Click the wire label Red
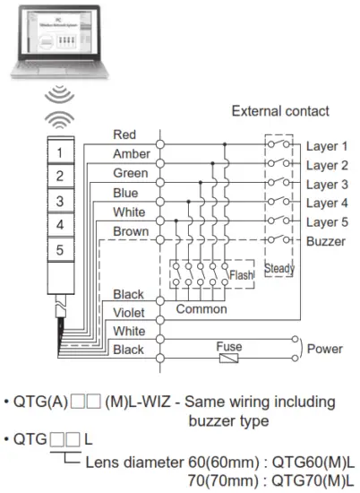pyautogui.click(x=124, y=134)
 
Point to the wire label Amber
pyautogui.click(x=131, y=154)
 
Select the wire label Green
pyautogui.click(x=131, y=174)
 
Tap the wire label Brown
pyautogui.click(x=131, y=232)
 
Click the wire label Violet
pyautogui.click(x=129, y=314)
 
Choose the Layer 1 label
pyautogui.click(x=326, y=145)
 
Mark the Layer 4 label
pyautogui.click(x=326, y=204)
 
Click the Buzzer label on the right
pyautogui.click(x=324, y=243)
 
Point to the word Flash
pyautogui.click(x=240, y=275)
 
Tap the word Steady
pyautogui.click(x=279, y=268)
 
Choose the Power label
pyautogui.click(x=325, y=350)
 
